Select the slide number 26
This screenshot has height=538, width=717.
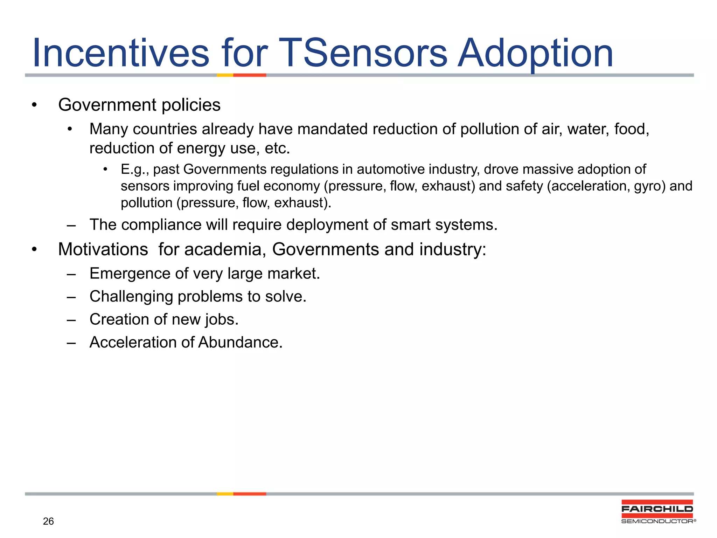click(48, 521)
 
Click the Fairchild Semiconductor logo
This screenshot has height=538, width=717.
click(657, 512)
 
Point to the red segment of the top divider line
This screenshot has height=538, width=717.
click(250, 75)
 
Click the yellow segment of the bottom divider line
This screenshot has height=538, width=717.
click(225, 494)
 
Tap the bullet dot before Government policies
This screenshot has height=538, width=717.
click(34, 105)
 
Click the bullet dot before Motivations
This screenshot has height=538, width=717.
click(34, 250)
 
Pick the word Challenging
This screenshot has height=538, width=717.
click(131, 297)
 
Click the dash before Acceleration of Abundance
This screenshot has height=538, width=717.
click(71, 343)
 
